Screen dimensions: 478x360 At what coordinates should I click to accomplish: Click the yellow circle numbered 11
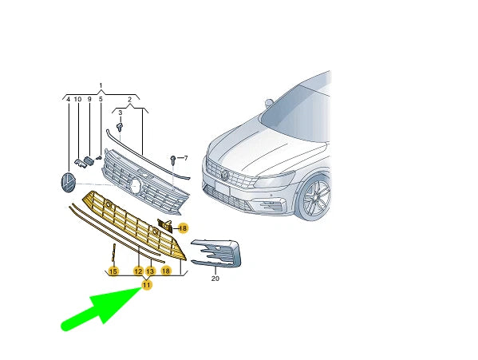(x=147, y=285)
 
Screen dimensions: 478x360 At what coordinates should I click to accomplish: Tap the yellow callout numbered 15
(x=113, y=271)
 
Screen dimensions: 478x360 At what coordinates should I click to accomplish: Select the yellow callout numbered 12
(x=138, y=271)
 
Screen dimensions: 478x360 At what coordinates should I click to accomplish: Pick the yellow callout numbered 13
(x=151, y=271)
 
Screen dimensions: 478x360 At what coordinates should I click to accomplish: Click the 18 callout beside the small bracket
(x=183, y=228)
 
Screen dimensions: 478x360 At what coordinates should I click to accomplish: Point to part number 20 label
(x=215, y=279)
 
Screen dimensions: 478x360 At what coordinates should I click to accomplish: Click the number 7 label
(x=186, y=158)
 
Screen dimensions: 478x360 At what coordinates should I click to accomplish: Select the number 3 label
(x=120, y=113)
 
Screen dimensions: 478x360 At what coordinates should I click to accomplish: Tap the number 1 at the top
(x=101, y=85)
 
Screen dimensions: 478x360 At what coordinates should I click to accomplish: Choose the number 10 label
(x=77, y=99)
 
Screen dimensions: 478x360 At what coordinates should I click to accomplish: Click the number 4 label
(x=69, y=99)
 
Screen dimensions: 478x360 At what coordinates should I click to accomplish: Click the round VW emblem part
(x=68, y=183)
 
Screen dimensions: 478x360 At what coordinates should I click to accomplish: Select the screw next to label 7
(x=173, y=159)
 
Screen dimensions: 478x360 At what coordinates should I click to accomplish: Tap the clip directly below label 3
(x=120, y=126)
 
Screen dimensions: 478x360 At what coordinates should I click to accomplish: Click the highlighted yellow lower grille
(x=134, y=224)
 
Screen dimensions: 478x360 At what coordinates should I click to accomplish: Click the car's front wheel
(x=315, y=197)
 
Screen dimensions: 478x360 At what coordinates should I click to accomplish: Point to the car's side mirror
(x=269, y=103)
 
